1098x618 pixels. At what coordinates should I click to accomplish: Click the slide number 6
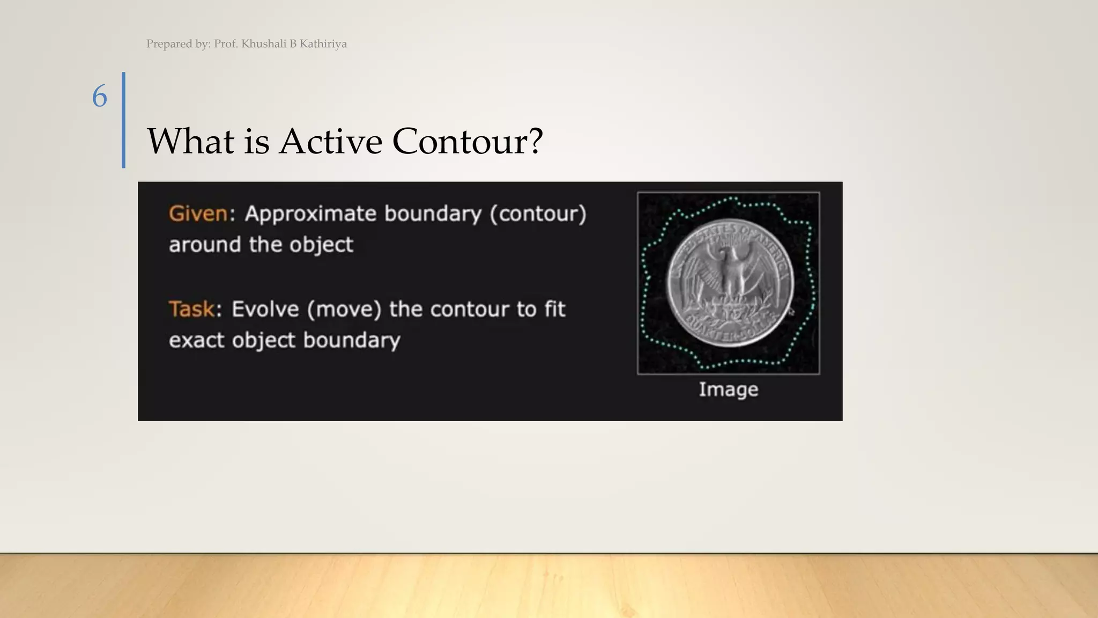100,97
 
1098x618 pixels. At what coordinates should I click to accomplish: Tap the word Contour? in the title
468,142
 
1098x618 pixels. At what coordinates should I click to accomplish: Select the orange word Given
198,214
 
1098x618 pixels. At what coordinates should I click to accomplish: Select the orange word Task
191,309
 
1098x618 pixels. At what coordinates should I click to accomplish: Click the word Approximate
310,214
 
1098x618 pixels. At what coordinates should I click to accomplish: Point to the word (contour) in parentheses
538,214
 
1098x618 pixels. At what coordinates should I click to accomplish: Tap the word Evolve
265,310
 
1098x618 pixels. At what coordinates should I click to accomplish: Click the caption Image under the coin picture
728,389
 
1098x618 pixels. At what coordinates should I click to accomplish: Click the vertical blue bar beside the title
124,120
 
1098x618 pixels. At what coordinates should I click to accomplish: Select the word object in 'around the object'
321,245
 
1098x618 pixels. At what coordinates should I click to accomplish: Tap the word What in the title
190,142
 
